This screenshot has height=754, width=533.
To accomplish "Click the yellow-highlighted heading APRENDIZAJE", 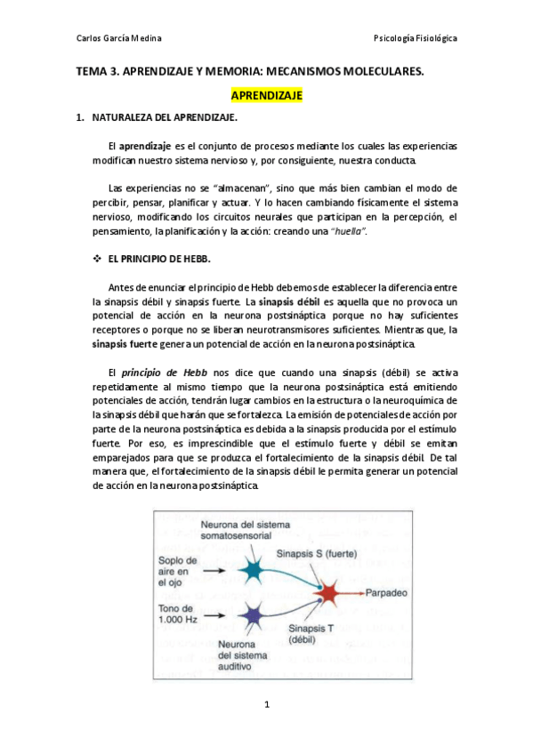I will tap(267, 93).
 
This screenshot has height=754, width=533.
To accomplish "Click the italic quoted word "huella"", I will tap(348, 232).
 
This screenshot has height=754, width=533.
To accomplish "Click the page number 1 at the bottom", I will tap(266, 705).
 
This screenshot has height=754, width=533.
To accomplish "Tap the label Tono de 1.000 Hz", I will tap(178, 614).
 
